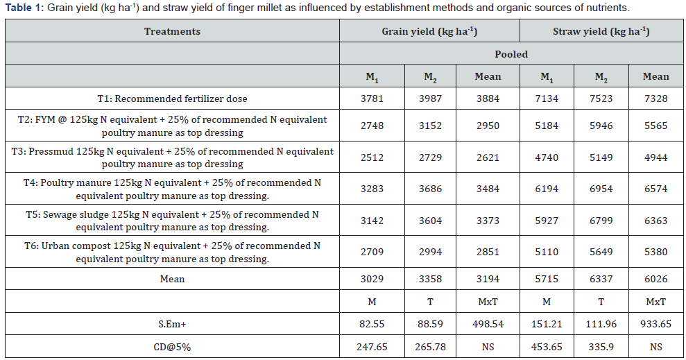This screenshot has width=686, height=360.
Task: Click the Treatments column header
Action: click(x=173, y=31)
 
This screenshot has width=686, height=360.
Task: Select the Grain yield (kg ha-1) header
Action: click(x=429, y=31)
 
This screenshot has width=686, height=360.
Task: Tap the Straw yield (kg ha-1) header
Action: click(x=601, y=31)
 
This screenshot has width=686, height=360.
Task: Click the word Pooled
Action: click(x=511, y=54)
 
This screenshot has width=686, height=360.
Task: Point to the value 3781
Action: click(x=372, y=99)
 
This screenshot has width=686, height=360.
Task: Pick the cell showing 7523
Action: click(x=601, y=99)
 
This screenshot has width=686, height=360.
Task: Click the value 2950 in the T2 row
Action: click(x=488, y=126)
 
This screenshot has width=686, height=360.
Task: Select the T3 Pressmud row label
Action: click(x=173, y=157)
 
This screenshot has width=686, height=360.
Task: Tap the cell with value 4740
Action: click(x=547, y=157)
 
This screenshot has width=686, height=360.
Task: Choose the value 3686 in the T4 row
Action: click(x=430, y=189)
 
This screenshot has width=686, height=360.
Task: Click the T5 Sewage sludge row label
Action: click(x=173, y=221)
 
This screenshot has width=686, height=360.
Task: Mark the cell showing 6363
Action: click(x=655, y=221)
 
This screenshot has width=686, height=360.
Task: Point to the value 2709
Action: click(x=372, y=252)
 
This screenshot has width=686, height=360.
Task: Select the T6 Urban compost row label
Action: click(x=173, y=252)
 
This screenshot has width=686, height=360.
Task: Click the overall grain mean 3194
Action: click(x=488, y=279)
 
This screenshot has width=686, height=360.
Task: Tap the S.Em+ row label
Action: click(x=173, y=324)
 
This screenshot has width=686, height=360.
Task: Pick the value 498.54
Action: click(x=488, y=324)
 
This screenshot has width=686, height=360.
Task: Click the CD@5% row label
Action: click(x=173, y=348)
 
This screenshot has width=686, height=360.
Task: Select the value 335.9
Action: click(x=601, y=348)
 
